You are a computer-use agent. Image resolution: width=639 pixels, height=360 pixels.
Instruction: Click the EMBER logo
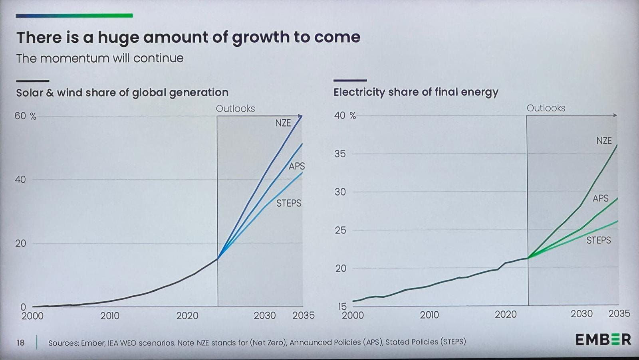point(603,340)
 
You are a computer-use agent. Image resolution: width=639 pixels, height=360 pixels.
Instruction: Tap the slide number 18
point(20,342)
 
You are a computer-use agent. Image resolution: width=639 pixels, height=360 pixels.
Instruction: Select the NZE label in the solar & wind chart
point(283,123)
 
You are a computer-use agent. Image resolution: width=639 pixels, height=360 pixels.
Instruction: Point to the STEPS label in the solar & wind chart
point(289,203)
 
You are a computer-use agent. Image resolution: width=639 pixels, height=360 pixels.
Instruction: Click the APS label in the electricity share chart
point(600,198)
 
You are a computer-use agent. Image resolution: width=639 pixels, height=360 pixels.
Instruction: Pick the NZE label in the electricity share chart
point(604,140)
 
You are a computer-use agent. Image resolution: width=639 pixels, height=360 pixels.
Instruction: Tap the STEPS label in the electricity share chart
point(598,240)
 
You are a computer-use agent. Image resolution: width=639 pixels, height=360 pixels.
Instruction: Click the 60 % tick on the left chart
point(25,116)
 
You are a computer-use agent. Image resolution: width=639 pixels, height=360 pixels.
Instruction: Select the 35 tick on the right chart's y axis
point(340,154)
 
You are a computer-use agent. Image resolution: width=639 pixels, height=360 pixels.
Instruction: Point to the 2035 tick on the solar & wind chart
point(303,315)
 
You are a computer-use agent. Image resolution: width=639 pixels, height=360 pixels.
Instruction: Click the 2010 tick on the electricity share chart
point(429,315)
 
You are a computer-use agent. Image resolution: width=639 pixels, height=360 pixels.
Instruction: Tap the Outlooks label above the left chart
point(235,109)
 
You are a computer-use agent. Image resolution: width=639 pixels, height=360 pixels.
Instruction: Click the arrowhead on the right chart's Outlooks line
point(615,115)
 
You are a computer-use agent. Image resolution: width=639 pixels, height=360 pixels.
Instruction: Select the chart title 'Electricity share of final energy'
point(416,92)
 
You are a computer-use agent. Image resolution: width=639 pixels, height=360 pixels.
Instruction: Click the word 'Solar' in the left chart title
point(30,93)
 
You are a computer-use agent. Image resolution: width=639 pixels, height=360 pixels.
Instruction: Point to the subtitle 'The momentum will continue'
point(100,58)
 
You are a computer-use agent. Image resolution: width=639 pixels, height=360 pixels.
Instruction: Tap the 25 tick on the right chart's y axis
point(340,230)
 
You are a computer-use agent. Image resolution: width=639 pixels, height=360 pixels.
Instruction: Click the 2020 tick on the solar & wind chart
point(187,316)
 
